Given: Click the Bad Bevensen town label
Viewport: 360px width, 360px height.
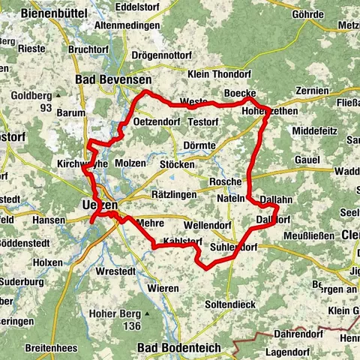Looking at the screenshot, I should [113, 79].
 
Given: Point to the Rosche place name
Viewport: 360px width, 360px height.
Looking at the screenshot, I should [226, 181].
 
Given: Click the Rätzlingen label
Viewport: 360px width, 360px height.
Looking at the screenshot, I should [173, 194].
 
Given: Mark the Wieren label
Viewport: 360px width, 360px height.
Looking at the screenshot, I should [163, 288].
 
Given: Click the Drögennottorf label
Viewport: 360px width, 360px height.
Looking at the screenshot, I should [162, 56].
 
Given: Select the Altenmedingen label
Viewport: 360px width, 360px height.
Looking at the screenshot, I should [128, 25].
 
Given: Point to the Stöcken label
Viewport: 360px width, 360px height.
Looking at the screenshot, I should [177, 163].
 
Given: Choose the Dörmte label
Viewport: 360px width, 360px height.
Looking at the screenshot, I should [199, 145].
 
